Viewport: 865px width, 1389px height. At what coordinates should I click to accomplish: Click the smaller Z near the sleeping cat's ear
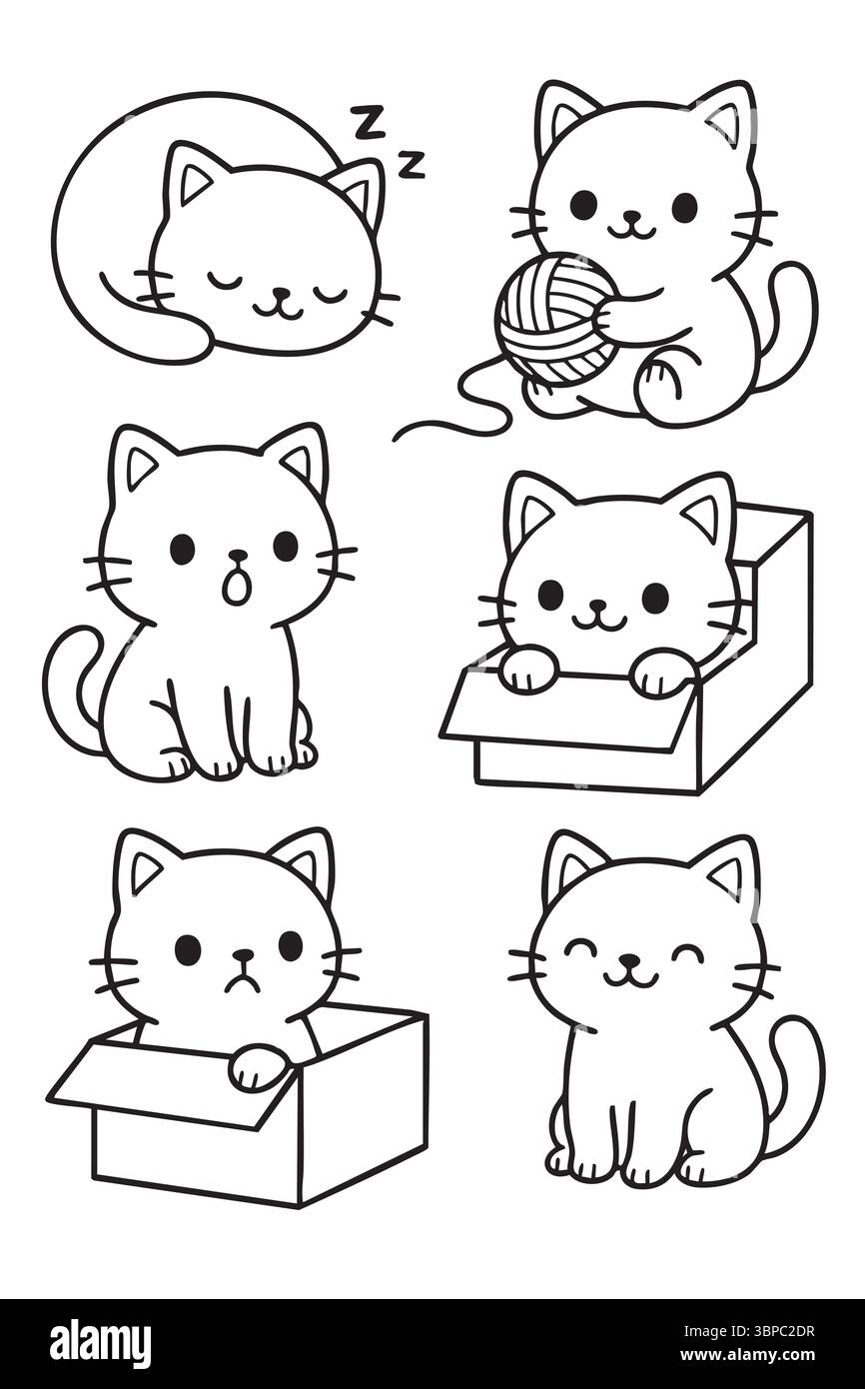(411, 164)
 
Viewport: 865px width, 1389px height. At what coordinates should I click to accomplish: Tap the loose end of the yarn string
(395, 440)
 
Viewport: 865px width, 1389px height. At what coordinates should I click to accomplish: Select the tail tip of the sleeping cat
(103, 275)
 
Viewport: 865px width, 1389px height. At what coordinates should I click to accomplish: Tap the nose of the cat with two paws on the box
(596, 605)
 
